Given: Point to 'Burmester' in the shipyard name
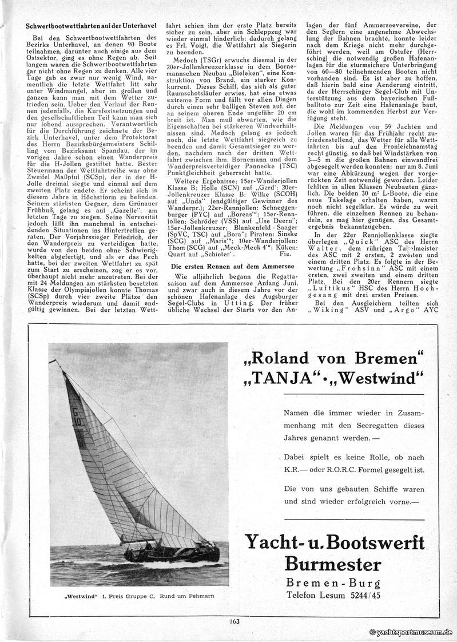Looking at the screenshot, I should pos(334,564).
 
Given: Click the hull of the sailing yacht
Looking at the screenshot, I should pos(172,552).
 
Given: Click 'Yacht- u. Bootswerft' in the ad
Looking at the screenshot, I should pos(334,541).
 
